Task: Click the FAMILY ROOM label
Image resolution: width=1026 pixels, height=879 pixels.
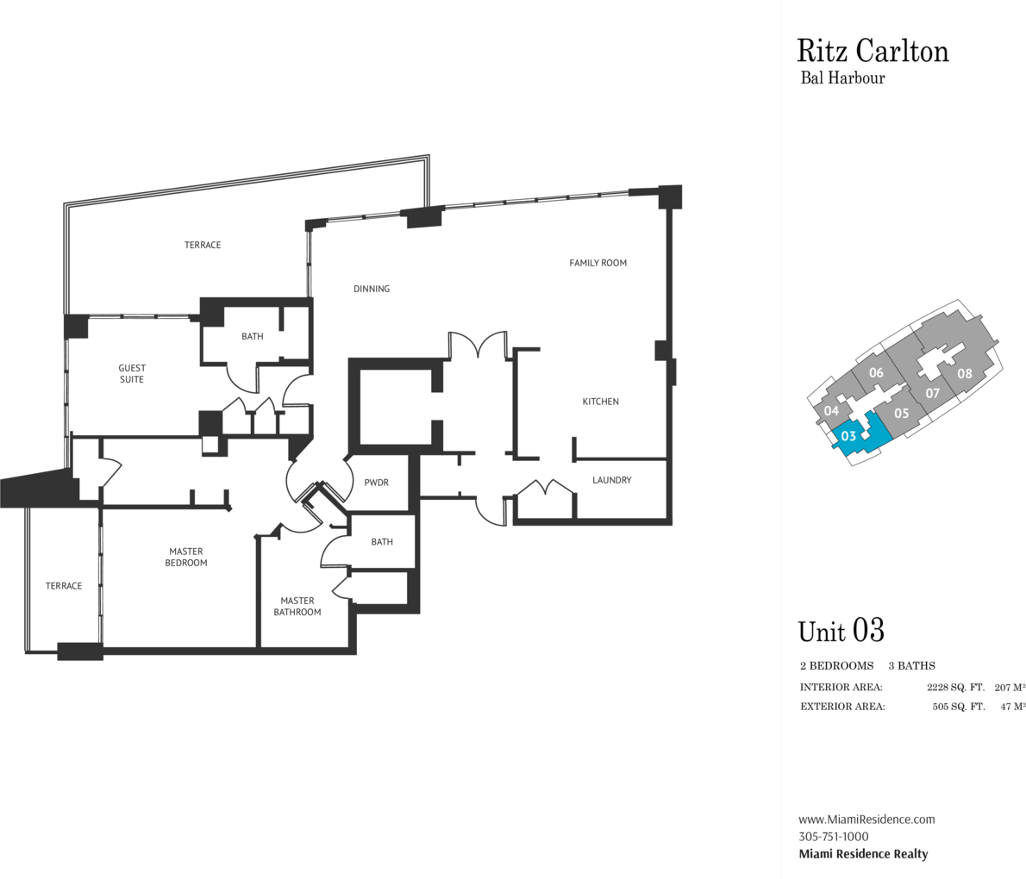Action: click(x=597, y=263)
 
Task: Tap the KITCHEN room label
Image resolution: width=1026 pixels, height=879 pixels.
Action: click(x=600, y=402)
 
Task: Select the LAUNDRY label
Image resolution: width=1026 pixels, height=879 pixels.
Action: click(x=612, y=480)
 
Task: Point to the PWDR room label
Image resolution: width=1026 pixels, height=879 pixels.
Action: click(x=376, y=483)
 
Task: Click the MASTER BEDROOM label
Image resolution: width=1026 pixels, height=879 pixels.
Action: click(x=187, y=557)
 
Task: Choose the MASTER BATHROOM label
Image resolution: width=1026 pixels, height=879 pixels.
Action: click(x=297, y=607)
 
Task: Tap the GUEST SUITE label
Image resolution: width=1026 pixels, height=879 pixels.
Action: click(x=132, y=374)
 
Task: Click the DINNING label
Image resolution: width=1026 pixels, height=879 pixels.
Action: click(x=372, y=289)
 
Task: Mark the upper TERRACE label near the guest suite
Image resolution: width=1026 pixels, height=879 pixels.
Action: click(x=203, y=245)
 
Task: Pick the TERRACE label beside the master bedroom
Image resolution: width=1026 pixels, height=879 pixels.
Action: click(x=64, y=586)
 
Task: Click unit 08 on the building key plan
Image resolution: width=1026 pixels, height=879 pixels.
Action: click(x=964, y=374)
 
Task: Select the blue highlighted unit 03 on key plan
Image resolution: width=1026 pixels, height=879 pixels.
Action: click(x=849, y=436)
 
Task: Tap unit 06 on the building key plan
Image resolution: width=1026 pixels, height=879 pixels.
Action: click(x=876, y=373)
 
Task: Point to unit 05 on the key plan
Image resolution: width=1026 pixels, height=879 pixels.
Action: click(x=901, y=414)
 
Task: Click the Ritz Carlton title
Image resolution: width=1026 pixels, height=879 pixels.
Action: click(x=873, y=51)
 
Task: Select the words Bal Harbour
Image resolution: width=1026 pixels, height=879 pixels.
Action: click(x=843, y=78)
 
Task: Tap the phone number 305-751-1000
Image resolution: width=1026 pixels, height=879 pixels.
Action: click(x=834, y=837)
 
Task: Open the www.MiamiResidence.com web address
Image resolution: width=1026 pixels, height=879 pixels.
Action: click(x=866, y=820)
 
